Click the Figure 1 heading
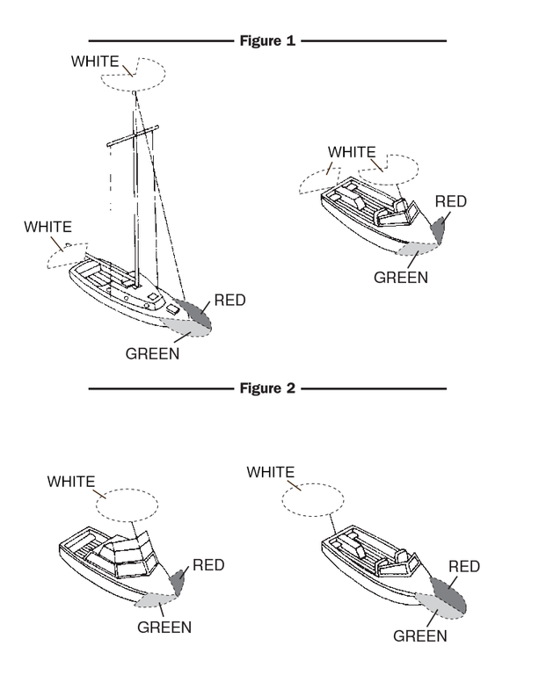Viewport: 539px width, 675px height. tap(267, 41)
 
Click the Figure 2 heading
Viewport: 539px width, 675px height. tap(267, 388)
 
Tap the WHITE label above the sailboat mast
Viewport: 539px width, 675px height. tap(95, 62)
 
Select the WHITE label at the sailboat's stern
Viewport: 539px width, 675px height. tap(47, 227)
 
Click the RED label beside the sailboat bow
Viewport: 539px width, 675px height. tap(229, 300)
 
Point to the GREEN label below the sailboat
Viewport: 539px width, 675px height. tap(152, 354)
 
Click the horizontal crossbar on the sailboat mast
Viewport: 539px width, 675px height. tap(133, 135)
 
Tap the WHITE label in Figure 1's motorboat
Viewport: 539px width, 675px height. tap(352, 152)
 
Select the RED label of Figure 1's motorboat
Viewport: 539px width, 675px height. tap(451, 201)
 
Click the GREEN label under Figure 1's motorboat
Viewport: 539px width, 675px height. tap(401, 278)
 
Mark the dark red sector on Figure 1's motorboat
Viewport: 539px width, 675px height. tap(438, 230)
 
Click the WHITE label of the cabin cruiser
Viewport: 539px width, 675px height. tap(71, 482)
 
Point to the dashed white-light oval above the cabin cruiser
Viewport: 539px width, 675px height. tap(127, 489)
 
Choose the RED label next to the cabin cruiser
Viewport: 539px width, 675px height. tap(208, 565)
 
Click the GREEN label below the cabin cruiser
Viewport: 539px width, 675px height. tap(164, 628)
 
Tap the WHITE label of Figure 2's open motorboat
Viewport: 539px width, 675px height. tap(270, 472)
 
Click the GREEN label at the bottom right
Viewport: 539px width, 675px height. tap(420, 635)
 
